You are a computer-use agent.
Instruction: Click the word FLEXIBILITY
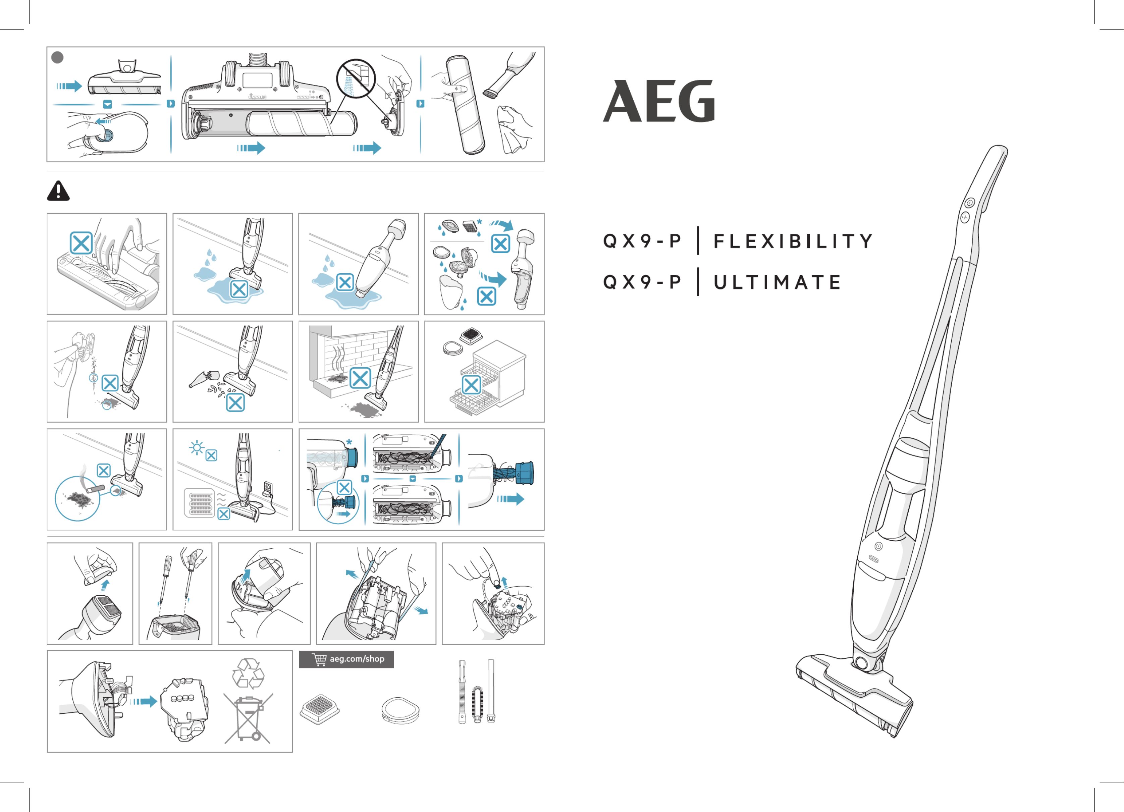click(793, 241)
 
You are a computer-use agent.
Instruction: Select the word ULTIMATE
click(777, 282)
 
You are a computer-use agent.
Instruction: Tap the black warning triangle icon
click(58, 191)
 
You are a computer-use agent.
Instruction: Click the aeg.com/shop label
click(357, 659)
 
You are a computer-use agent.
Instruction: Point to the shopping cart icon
click(319, 659)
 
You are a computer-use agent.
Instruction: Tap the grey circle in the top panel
click(57, 57)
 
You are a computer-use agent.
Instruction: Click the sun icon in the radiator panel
click(197, 448)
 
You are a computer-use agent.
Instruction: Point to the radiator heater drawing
click(200, 503)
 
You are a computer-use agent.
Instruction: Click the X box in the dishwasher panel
click(471, 385)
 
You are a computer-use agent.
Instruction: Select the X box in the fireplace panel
click(360, 378)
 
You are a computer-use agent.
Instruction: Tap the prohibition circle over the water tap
click(356, 79)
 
